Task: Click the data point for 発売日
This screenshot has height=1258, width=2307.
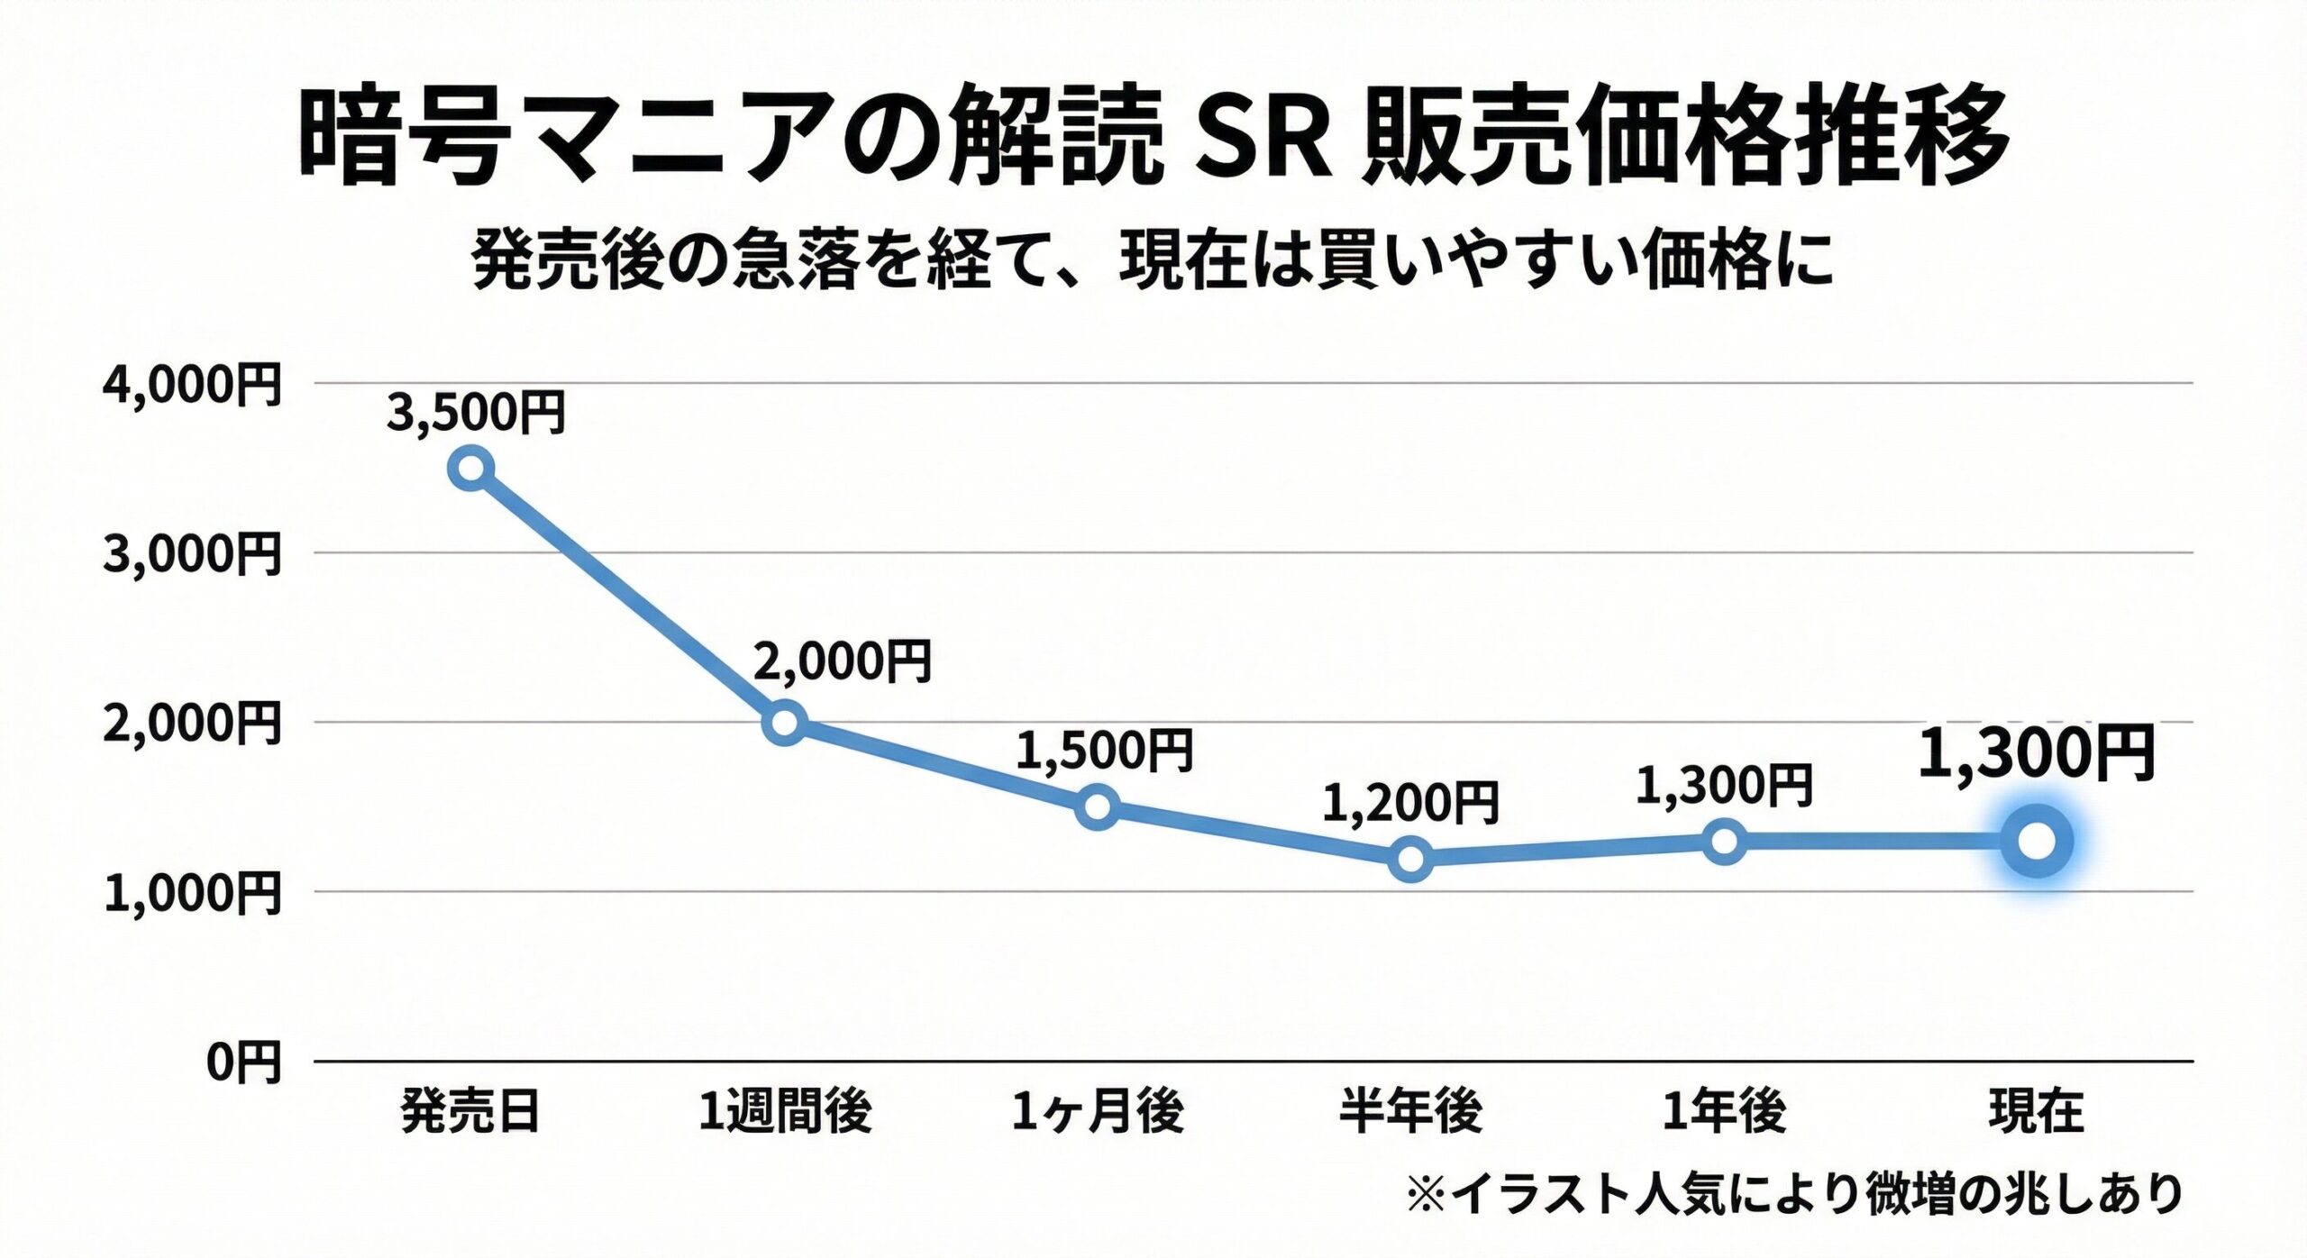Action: pyautogui.click(x=471, y=469)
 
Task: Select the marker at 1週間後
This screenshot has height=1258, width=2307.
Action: pyautogui.click(x=784, y=722)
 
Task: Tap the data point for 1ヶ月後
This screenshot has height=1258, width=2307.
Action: pyautogui.click(x=1098, y=806)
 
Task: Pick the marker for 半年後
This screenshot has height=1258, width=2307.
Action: pyautogui.click(x=1411, y=858)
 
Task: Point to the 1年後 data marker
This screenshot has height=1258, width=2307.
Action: pyautogui.click(x=1724, y=842)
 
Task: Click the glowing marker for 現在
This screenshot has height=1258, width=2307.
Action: pyautogui.click(x=2037, y=842)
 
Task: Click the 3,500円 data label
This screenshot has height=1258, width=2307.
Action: pyautogui.click(x=476, y=413)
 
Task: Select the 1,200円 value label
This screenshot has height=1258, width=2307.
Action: pyautogui.click(x=1410, y=803)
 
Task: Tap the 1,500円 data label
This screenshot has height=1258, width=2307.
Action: pyautogui.click(x=1104, y=751)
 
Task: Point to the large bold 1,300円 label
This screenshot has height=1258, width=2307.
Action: pyautogui.click(x=2036, y=753)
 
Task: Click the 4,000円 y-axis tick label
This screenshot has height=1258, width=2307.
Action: pyautogui.click(x=192, y=385)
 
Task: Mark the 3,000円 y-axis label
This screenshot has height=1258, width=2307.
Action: pyautogui.click(x=192, y=553)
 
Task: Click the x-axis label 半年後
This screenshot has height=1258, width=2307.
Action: pyautogui.click(x=1410, y=1111)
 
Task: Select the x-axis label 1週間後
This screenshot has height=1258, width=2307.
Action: pyautogui.click(x=785, y=1111)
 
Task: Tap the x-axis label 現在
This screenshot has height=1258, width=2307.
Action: pyautogui.click(x=2037, y=1111)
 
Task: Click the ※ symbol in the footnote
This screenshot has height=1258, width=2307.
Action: pyautogui.click(x=1426, y=1195)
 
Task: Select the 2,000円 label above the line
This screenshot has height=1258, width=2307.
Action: pyautogui.click(x=842, y=661)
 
